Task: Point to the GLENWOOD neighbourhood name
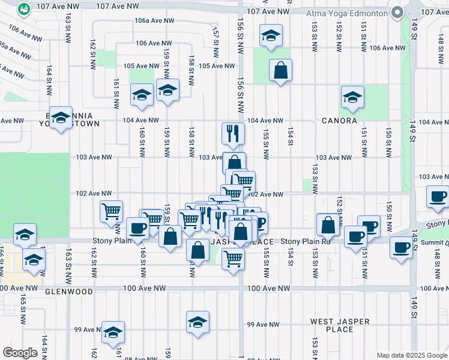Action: point(69,292)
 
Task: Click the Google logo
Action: point(20,353)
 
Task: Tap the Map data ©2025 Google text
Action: point(411,355)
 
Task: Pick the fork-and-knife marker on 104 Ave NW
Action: point(232,133)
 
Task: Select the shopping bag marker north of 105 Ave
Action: point(280,70)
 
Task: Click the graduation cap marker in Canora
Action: point(352,97)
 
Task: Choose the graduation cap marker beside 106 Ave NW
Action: point(271,36)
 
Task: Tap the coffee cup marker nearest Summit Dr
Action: point(401,247)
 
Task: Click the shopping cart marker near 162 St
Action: point(111,211)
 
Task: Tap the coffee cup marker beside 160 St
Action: point(137,229)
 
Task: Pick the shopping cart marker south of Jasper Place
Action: point(233,259)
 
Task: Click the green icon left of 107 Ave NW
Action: point(24,9)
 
